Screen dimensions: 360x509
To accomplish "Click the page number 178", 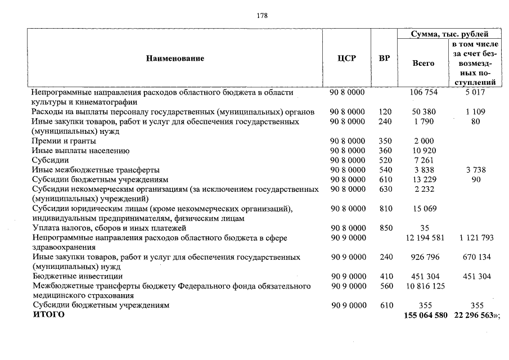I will [x=262, y=16].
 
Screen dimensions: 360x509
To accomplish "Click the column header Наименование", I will [x=175, y=58].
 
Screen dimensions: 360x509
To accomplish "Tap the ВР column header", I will [x=385, y=58].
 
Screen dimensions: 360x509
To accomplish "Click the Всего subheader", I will [x=424, y=64].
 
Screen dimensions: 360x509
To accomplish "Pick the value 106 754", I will [x=424, y=92].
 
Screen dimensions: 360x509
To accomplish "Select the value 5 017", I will [x=475, y=92].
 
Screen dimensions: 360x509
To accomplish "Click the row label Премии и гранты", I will [x=64, y=141].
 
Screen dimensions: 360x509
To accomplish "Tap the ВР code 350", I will [x=385, y=141].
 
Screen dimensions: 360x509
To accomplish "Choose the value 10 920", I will [x=424, y=151].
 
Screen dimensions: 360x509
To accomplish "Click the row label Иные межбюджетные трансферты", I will [x=96, y=170].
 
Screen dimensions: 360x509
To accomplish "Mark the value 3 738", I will [x=475, y=170].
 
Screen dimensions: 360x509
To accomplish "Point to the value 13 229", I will [x=424, y=179].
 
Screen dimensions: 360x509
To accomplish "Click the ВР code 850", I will [x=385, y=228].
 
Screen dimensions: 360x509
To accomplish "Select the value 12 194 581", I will [x=424, y=238].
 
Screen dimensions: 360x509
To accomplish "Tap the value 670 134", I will [x=475, y=257].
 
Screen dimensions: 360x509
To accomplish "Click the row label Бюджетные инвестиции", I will [x=77, y=276].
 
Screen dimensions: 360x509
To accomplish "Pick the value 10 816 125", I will [x=424, y=286].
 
